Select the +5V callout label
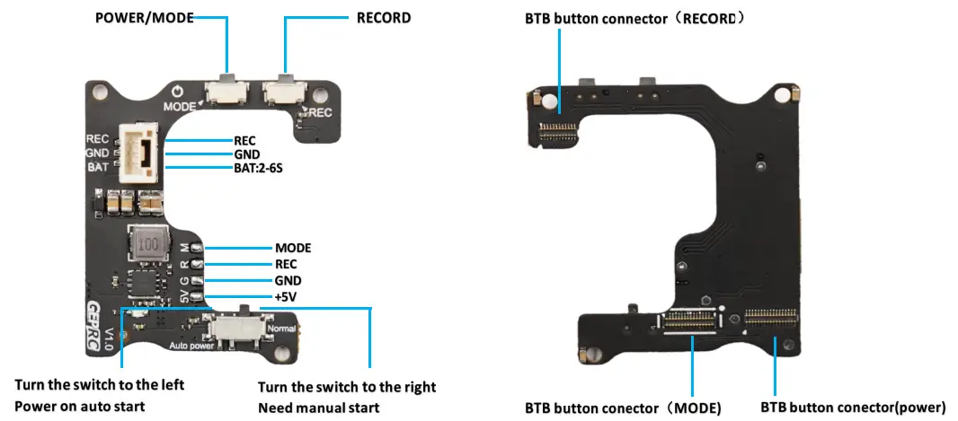(287, 297)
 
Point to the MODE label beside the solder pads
(293, 247)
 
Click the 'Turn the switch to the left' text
(99, 384)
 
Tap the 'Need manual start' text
(318, 408)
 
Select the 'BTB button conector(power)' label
(853, 407)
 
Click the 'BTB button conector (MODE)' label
(623, 408)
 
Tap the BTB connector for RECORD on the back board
(558, 132)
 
